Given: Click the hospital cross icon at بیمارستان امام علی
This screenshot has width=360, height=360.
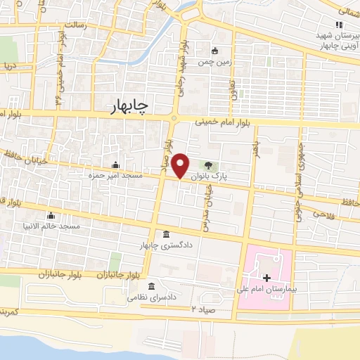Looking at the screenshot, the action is coord(266,279).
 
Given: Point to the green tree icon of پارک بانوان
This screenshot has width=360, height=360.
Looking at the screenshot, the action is coord(208,165).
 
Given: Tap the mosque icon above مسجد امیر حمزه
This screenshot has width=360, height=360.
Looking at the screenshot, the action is coord(115,165).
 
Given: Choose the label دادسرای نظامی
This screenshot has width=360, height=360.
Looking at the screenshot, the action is coord(150,297).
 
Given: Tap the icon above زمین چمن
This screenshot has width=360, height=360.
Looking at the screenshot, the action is coord(215,51).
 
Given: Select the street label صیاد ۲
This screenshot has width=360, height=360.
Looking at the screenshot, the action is coord(202,309).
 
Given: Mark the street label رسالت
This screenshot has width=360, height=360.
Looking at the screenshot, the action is coord(74,25).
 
